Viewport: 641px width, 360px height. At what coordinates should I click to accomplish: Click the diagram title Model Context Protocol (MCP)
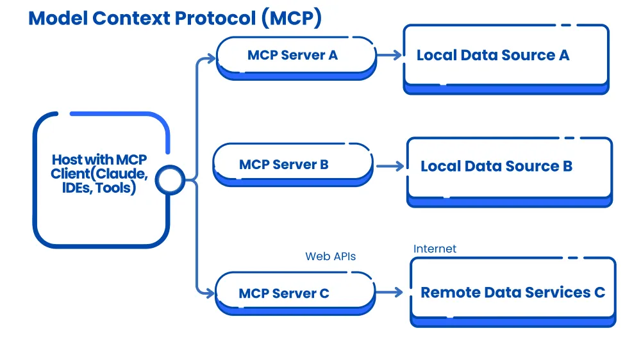click(x=175, y=19)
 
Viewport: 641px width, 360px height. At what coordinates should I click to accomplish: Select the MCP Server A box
click(x=296, y=58)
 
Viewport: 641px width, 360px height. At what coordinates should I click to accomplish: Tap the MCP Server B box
click(x=293, y=165)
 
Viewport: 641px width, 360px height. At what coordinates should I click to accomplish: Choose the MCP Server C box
click(x=295, y=293)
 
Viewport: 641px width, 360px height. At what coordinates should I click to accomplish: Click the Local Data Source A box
click(x=506, y=59)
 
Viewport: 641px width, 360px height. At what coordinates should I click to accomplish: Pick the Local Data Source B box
click(x=510, y=172)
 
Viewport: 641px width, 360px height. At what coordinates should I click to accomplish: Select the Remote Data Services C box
click(x=513, y=291)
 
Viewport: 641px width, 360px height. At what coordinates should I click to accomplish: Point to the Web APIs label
click(x=330, y=256)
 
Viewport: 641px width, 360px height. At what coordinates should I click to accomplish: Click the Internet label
click(x=435, y=249)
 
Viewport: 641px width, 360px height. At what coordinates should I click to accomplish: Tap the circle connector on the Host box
click(x=170, y=180)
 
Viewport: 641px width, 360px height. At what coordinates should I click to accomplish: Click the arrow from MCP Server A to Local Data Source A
click(x=390, y=54)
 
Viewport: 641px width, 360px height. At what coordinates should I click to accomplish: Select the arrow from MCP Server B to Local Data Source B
click(x=390, y=166)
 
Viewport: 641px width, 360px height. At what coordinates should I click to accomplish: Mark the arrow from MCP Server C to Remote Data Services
click(x=389, y=291)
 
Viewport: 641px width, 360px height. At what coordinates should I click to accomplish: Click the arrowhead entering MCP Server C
click(x=210, y=293)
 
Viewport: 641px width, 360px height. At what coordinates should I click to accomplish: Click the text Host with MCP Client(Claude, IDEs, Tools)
click(x=99, y=174)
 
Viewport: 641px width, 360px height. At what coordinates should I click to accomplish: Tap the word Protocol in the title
click(x=215, y=19)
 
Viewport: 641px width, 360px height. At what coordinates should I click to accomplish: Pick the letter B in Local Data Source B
click(x=567, y=167)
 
